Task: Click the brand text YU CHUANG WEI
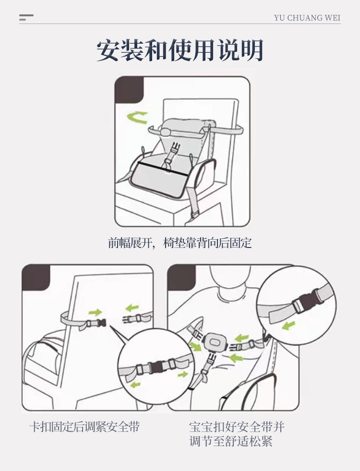coord(307,18)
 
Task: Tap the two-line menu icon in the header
coord(26,17)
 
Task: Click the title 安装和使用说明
coord(180,50)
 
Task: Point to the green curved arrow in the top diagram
coord(137,117)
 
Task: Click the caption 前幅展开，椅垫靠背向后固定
coord(180,243)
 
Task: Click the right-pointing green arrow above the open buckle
coord(96,312)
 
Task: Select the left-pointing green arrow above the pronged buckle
coord(132,307)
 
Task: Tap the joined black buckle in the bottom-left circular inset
coord(156,366)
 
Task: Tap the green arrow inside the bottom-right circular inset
coord(288,326)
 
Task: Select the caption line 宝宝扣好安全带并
coord(237,426)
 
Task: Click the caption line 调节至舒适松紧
coord(231,441)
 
